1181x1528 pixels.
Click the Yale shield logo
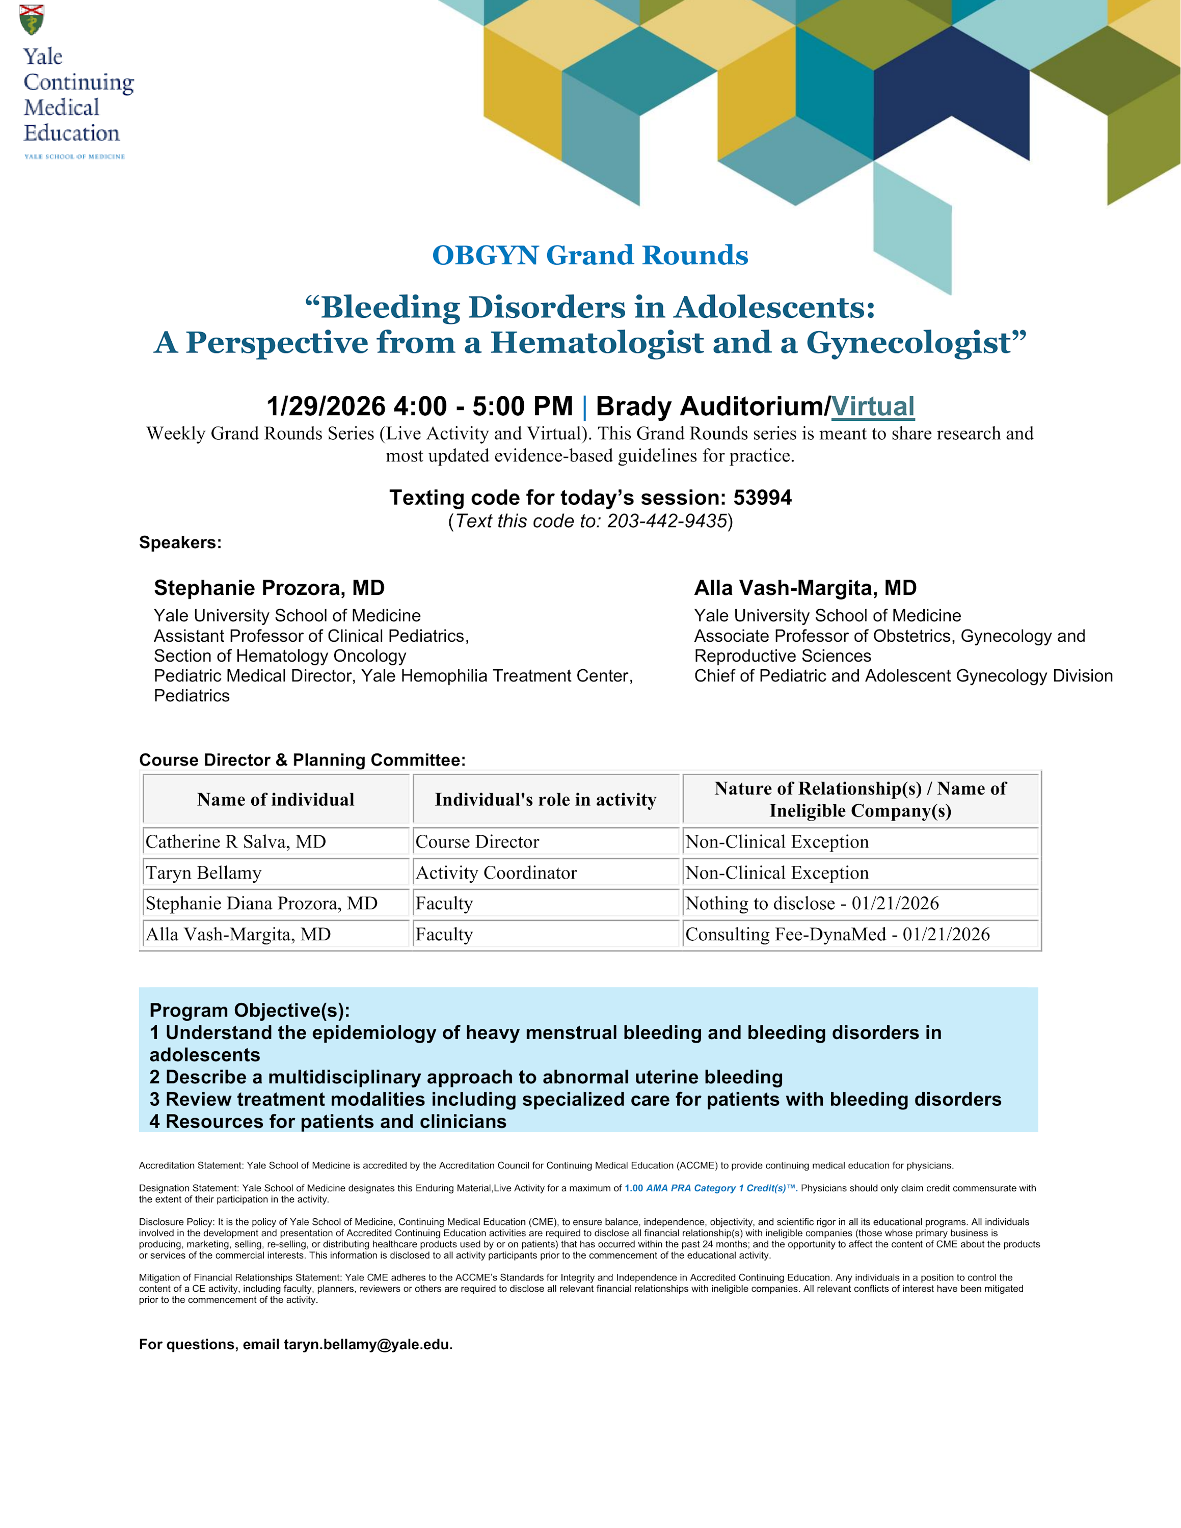click(32, 19)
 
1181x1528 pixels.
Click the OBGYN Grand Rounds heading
click(590, 255)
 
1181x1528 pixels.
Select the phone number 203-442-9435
click(667, 521)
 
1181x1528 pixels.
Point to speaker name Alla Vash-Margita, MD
click(804, 588)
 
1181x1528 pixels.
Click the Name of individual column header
click(276, 800)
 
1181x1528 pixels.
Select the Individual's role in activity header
click(546, 800)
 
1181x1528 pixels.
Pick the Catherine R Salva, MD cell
click(236, 841)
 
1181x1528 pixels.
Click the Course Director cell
click(477, 841)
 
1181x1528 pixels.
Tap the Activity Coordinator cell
click(496, 872)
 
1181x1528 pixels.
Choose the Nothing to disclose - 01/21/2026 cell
click(812, 903)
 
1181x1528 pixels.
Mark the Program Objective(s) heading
click(250, 1011)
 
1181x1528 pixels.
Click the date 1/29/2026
click(326, 406)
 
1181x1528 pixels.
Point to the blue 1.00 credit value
click(633, 1188)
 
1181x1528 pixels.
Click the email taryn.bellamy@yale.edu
click(367, 1345)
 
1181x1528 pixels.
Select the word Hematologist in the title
click(597, 343)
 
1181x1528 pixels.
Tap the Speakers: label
click(180, 543)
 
